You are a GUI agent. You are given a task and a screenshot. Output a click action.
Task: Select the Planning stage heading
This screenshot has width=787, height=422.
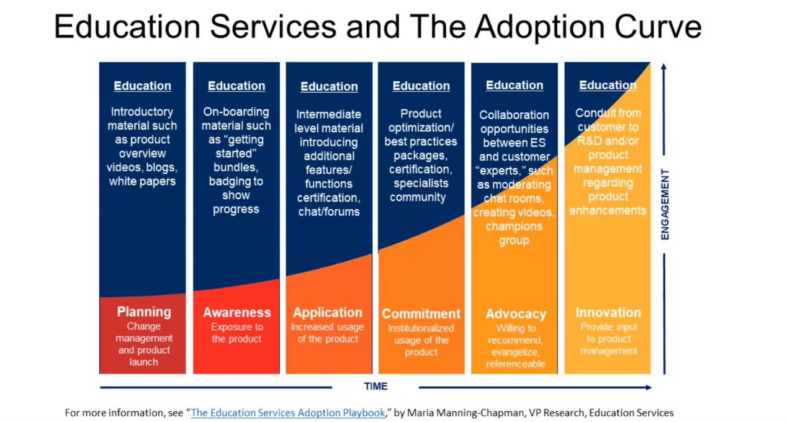tap(143, 312)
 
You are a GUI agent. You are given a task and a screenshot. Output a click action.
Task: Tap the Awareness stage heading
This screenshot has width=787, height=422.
tap(236, 312)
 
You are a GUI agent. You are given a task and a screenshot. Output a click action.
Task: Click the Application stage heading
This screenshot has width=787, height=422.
tap(328, 313)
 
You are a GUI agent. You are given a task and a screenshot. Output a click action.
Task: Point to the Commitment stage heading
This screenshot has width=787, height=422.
tap(421, 314)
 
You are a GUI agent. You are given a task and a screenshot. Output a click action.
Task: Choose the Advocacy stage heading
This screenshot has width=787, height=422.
tap(515, 314)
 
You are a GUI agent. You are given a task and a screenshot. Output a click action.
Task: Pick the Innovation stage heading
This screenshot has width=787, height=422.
tap(608, 313)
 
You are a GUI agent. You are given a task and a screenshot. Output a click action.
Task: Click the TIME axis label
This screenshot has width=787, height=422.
tap(376, 387)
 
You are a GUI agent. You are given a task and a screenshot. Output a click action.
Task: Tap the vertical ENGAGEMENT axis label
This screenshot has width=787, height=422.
tap(665, 204)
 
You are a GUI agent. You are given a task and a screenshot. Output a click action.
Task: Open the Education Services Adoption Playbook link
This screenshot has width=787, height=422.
tap(288, 413)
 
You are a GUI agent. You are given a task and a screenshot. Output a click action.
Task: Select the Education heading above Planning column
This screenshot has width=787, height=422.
tap(142, 86)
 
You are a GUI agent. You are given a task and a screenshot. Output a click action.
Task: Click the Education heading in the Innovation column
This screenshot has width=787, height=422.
tap(608, 86)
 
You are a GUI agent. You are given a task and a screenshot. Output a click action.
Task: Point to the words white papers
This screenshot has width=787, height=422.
tap(142, 182)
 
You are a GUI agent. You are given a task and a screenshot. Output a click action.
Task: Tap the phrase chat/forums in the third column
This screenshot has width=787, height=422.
tap(328, 212)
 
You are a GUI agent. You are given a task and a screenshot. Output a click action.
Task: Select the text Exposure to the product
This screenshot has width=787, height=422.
tap(236, 333)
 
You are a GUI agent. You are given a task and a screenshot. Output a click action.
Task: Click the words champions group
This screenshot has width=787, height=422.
tap(514, 233)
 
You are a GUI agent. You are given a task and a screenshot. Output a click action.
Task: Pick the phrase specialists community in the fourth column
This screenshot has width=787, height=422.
tap(418, 191)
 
